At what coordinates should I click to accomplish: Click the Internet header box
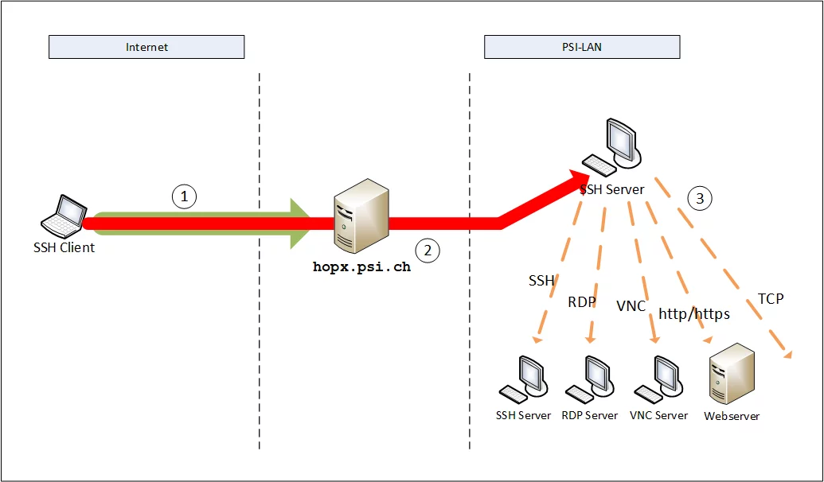[x=146, y=47]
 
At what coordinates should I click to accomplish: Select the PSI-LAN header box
[x=582, y=47]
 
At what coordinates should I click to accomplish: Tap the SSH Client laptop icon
[x=64, y=215]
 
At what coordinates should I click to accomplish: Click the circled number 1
[x=184, y=196]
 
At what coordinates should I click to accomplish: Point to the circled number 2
[x=428, y=251]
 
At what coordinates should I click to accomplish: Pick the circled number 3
[x=700, y=199]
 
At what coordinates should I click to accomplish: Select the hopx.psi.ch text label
[x=362, y=267]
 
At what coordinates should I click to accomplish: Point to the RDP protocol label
[x=581, y=301]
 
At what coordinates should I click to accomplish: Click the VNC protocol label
[x=631, y=306]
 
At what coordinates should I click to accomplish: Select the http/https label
[x=693, y=314]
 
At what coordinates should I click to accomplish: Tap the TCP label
[x=770, y=299]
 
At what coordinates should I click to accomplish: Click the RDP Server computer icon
[x=588, y=379]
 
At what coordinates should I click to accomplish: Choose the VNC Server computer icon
[x=657, y=379]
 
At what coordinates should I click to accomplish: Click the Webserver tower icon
[x=731, y=375]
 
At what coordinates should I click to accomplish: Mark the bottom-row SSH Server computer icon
[x=523, y=379]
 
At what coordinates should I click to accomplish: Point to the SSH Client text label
[x=64, y=247]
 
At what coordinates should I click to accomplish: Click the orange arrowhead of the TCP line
[x=788, y=354]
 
